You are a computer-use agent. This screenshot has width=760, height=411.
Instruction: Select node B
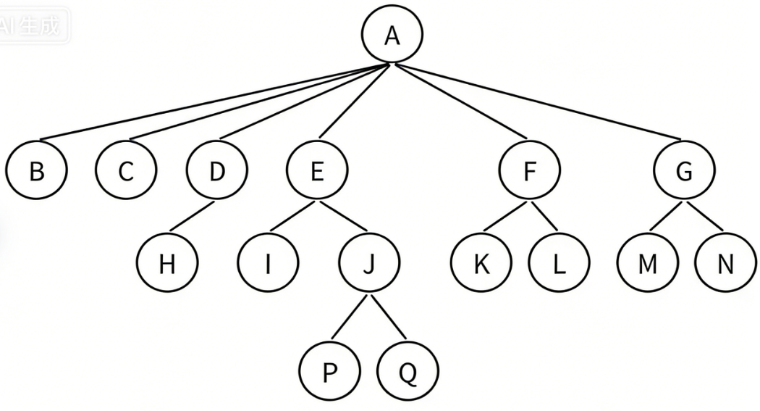pos(36,172)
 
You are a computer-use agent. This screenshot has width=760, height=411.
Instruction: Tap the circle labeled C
pos(126,172)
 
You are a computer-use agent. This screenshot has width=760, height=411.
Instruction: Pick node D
pos(216,172)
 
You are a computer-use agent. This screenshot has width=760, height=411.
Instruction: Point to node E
pos(317,172)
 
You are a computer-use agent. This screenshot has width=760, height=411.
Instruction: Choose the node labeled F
pos(530,172)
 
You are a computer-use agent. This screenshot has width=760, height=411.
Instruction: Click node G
pos(684,172)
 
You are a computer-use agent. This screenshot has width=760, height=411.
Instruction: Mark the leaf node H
pos(167,264)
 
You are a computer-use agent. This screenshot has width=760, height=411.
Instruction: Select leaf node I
pos(268,264)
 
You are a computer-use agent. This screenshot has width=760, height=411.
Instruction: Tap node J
pos(369,264)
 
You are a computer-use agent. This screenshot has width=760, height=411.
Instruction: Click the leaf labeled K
pos(481,264)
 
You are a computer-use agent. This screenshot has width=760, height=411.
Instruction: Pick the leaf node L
pos(558,264)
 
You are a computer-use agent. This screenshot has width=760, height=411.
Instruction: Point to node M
pos(648,264)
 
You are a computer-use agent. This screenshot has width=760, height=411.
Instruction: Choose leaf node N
pos(725,264)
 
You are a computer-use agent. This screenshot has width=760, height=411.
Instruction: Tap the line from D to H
pos(192,218)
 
